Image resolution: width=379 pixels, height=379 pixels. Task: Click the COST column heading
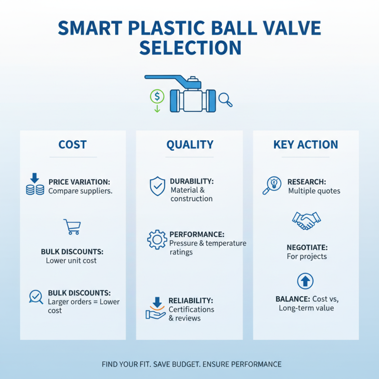point(72,144)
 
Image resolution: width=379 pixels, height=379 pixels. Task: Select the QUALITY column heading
point(189,144)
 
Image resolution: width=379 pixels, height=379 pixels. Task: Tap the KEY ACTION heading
point(306,144)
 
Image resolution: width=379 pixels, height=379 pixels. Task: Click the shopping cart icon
point(72,226)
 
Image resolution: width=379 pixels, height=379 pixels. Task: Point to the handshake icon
point(306,220)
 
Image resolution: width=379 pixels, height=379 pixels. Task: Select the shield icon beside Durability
point(157,186)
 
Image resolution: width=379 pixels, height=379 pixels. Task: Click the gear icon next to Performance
point(157,240)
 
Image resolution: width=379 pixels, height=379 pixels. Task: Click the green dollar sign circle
point(157,97)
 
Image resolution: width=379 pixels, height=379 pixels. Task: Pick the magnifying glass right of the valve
point(226,99)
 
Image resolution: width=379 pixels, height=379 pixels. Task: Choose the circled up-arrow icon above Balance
point(306,281)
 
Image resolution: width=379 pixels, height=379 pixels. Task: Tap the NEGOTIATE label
point(307,247)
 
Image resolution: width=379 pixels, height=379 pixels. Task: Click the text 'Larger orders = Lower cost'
point(83,306)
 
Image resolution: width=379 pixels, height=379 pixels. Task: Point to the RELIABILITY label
point(190,300)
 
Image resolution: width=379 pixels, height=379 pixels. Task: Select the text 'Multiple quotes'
point(314,191)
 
